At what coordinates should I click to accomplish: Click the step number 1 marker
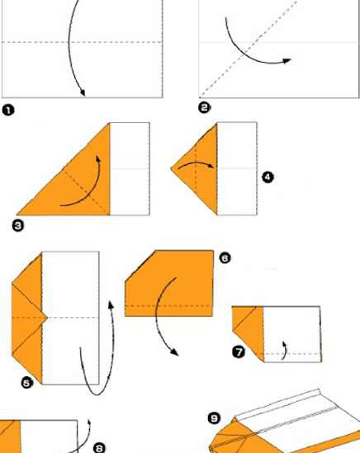[x=7, y=108]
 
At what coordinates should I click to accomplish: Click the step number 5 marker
[x=26, y=381]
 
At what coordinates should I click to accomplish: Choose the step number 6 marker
[x=225, y=258]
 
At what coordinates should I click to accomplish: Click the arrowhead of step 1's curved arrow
[x=82, y=92]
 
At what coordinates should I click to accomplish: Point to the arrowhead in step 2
[x=287, y=60]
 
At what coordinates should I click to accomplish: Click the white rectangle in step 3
[x=130, y=169]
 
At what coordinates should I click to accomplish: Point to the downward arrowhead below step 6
[x=174, y=352]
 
